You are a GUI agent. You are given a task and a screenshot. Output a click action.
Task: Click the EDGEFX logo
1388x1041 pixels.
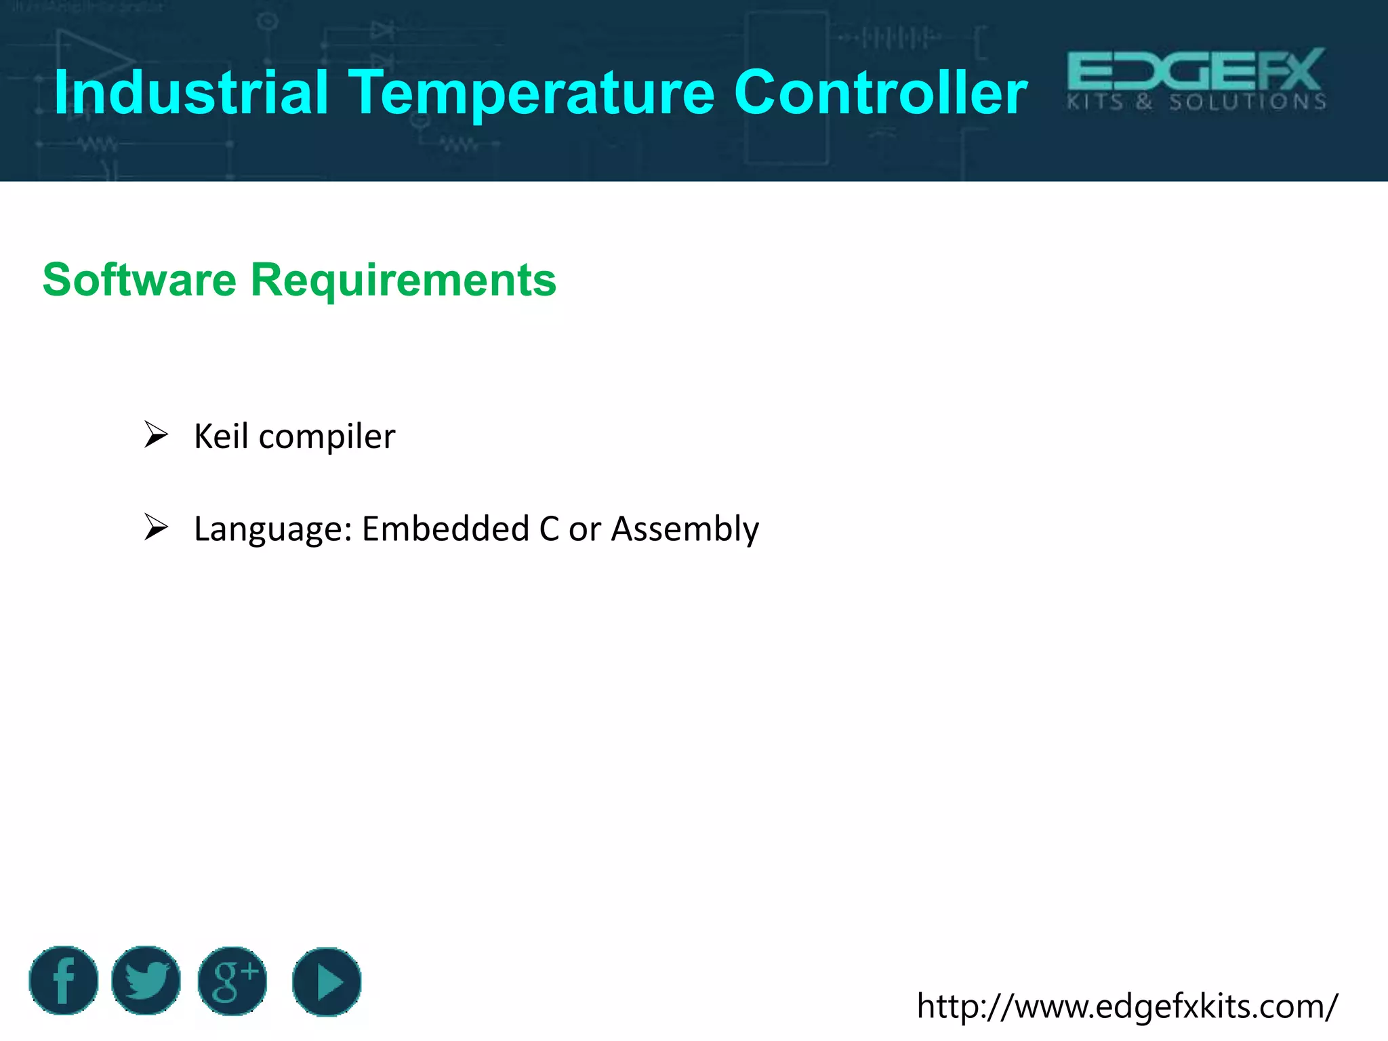(1196, 70)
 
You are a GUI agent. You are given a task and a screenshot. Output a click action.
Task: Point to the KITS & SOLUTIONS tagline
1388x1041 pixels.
(1197, 103)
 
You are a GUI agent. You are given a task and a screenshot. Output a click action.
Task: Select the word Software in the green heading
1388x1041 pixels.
(140, 279)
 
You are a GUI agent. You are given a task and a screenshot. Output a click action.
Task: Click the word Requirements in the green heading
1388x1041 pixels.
(403, 281)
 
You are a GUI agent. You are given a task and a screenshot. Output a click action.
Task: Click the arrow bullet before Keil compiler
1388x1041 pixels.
(156, 434)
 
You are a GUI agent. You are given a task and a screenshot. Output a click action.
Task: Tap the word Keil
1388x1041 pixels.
(221, 436)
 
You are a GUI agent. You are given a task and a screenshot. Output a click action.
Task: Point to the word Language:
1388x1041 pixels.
(272, 529)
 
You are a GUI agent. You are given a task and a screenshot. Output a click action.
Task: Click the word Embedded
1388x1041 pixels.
(445, 528)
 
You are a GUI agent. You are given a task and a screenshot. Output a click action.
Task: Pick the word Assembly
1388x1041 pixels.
(685, 529)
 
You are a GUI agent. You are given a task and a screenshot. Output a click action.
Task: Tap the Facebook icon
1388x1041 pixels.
(64, 981)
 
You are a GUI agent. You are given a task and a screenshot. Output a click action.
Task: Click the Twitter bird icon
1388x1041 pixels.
(146, 981)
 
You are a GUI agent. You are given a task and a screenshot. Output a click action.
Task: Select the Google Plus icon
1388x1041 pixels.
(232, 981)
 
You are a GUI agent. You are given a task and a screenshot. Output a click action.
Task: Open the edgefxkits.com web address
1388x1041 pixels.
(1126, 1006)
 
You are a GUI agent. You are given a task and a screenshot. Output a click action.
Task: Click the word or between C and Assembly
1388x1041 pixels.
(584, 529)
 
